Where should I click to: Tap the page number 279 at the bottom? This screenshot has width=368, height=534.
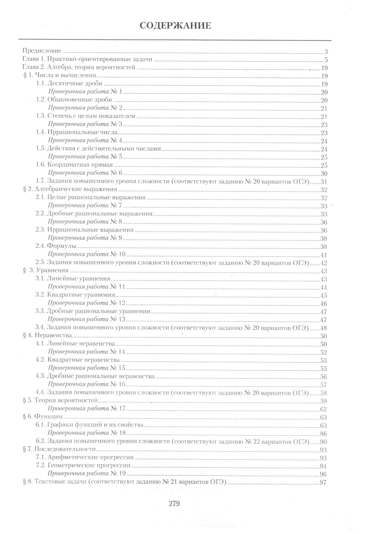point(174,503)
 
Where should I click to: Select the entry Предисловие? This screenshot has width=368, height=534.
point(42,51)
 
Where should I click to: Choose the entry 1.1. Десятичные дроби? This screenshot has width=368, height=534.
point(69,83)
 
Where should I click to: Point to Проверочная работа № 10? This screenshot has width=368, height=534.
point(87,254)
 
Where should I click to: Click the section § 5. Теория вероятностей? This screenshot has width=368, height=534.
point(60,401)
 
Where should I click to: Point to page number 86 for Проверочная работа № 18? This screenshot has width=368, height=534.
point(323,434)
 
